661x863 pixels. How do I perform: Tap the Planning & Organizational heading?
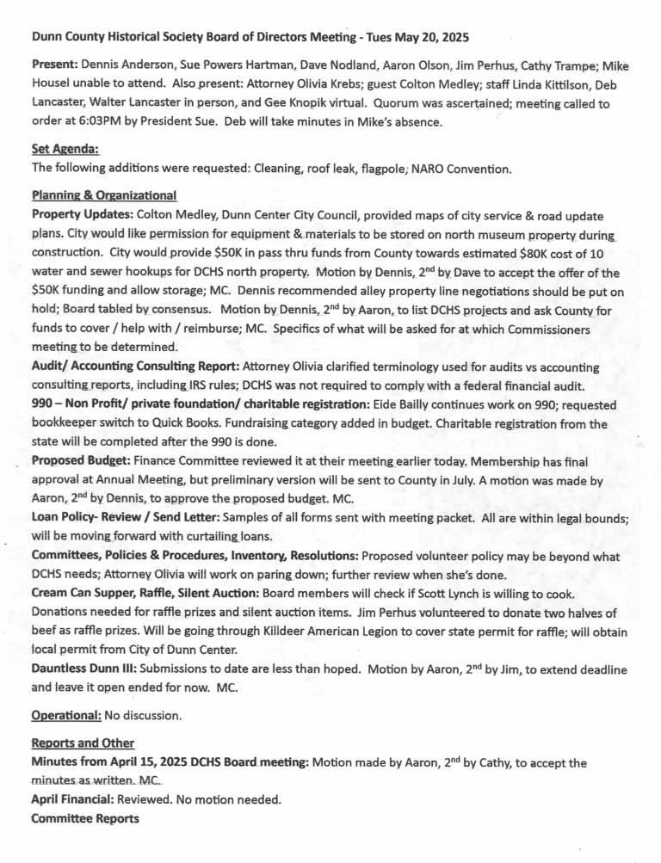tap(103, 195)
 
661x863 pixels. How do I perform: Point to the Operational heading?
tap(66, 715)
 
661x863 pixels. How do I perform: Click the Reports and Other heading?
tap(83, 743)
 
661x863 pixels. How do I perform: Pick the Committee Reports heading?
tap(84, 819)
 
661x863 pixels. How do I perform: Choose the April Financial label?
tap(72, 800)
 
